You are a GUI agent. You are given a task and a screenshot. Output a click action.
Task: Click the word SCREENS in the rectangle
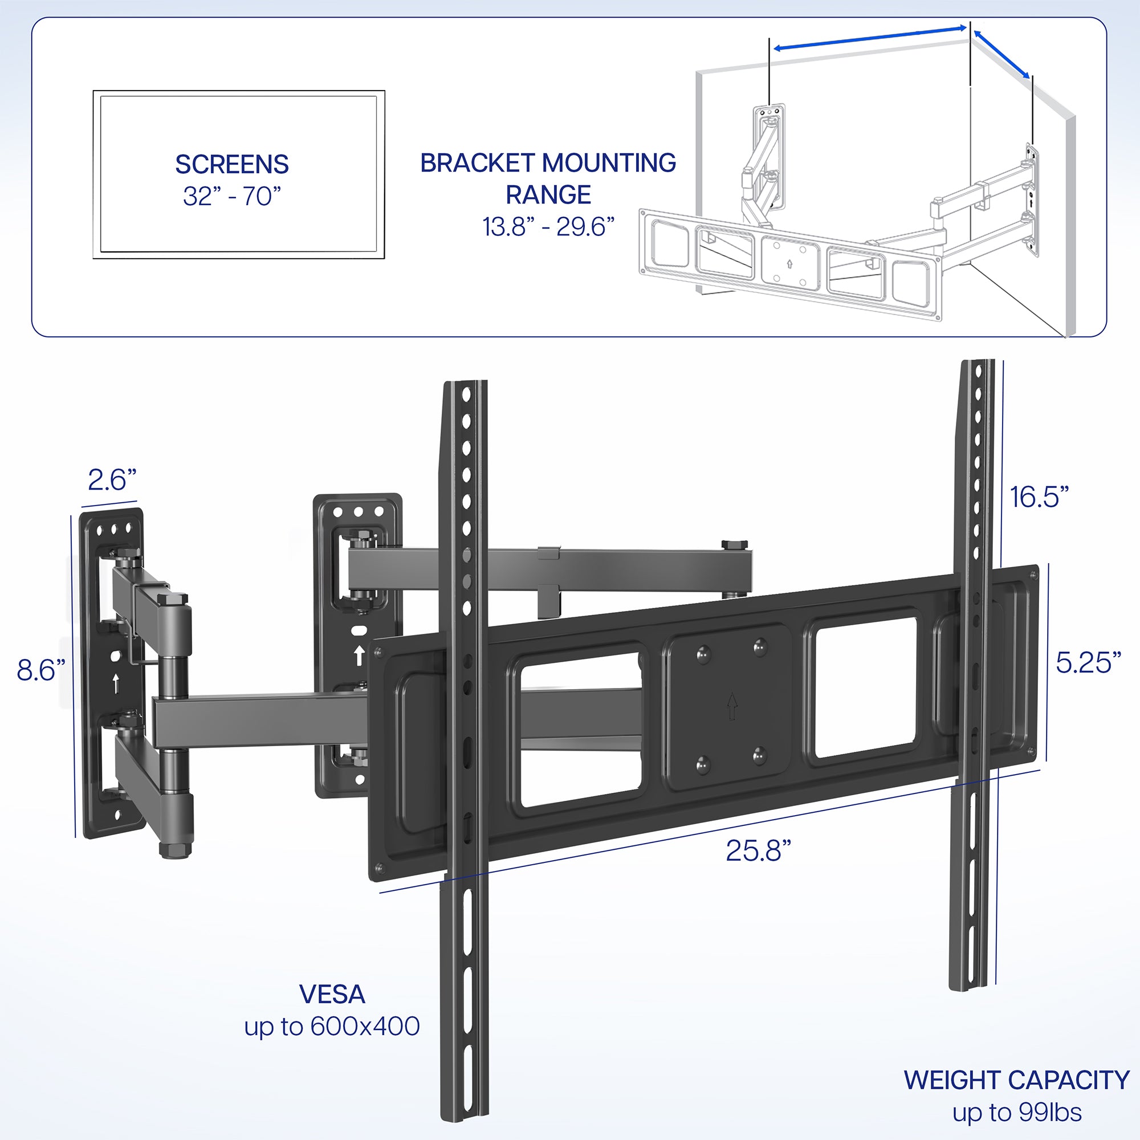(232, 165)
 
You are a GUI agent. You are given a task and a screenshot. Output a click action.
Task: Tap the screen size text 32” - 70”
(232, 197)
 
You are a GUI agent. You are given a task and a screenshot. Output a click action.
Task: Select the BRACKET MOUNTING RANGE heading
(548, 178)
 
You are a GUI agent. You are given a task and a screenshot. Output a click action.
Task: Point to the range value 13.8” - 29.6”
(548, 227)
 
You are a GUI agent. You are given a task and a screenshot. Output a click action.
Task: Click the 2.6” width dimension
(112, 480)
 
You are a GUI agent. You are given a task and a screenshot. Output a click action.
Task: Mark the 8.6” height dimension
(40, 670)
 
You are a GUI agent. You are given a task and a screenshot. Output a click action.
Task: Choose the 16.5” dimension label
(1039, 497)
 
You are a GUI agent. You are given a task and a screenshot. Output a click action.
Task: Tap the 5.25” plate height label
(1088, 663)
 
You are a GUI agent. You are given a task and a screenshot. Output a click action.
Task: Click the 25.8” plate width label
(758, 851)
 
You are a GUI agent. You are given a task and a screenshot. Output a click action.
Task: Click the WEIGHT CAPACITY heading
(1016, 1080)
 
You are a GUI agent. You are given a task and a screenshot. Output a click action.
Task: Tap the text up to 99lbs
(1017, 1113)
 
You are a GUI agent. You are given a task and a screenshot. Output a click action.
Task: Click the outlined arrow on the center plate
(732, 706)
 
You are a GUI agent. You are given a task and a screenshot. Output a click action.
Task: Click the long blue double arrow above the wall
(870, 38)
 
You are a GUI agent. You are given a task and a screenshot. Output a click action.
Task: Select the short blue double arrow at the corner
(1001, 54)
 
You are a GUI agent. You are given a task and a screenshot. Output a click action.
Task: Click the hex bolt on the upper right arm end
(734, 544)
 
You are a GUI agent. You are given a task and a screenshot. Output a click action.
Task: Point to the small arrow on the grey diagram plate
(789, 264)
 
